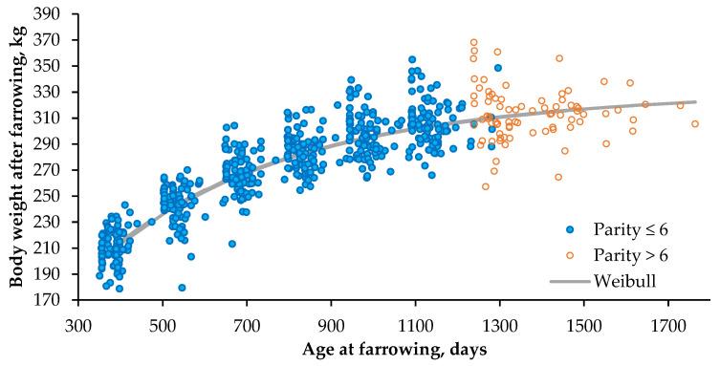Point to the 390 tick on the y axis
[x=58, y=14]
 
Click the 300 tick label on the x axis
[x=77, y=325]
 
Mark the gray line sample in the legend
[x=572, y=280]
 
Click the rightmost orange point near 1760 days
[x=695, y=124]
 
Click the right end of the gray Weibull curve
[x=695, y=102]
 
